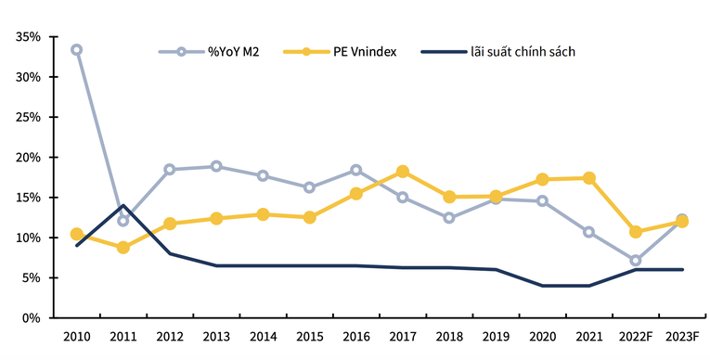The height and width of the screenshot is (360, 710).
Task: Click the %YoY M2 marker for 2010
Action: click(x=76, y=49)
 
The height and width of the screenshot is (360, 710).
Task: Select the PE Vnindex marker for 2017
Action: click(x=403, y=172)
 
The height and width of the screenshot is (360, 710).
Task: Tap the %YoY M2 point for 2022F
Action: click(x=636, y=261)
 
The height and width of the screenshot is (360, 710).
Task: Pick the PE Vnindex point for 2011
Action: click(x=123, y=248)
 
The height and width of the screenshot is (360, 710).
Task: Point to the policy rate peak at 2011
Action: click(x=123, y=206)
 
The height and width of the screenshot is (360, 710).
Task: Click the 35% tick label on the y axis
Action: click(x=28, y=37)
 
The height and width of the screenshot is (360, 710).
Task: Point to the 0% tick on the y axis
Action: click(x=32, y=318)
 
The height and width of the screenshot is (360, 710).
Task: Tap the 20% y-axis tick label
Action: click(x=28, y=158)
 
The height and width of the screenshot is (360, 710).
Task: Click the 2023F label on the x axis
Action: click(x=681, y=335)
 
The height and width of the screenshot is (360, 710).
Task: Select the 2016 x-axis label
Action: click(x=355, y=335)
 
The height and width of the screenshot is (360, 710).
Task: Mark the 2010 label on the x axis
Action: click(x=76, y=335)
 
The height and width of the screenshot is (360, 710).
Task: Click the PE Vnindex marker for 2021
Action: click(x=588, y=178)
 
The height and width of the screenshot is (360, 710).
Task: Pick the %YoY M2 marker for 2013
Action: click(x=216, y=167)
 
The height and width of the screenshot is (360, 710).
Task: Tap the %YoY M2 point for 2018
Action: click(x=449, y=218)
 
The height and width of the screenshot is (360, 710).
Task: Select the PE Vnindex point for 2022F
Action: click(x=636, y=232)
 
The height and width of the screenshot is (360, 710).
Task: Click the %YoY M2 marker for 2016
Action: click(x=355, y=170)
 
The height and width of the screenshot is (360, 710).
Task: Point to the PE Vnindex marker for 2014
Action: click(x=263, y=214)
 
